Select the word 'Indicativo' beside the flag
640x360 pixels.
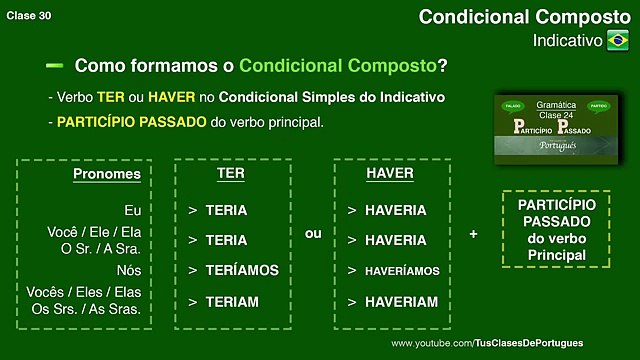click(x=567, y=42)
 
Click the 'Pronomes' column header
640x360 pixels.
click(x=107, y=174)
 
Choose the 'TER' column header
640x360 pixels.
click(x=231, y=174)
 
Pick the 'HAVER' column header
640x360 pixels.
click(x=390, y=174)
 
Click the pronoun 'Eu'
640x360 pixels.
click(x=133, y=210)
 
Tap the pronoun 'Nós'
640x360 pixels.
click(x=127, y=269)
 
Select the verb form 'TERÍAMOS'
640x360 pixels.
click(x=242, y=270)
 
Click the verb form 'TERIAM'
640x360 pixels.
click(x=232, y=301)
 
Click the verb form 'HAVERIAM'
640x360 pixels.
click(x=396, y=301)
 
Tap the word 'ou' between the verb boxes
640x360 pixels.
click(x=313, y=233)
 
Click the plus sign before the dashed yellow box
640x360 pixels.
click(x=473, y=233)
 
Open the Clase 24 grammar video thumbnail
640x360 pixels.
click(x=557, y=129)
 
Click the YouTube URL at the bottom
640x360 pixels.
click(x=501, y=343)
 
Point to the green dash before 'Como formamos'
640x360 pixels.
click(x=55, y=65)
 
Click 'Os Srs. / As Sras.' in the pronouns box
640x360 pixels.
click(x=98, y=307)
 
